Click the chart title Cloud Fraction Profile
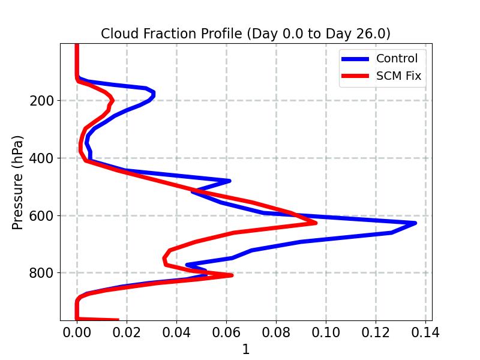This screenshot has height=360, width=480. pos(245,34)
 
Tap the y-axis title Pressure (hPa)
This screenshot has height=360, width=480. pos(18,182)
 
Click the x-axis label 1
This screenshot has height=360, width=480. pos(245,350)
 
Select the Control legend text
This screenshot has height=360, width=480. pos(397,58)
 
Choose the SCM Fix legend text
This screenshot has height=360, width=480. pos(398,76)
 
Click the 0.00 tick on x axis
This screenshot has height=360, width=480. pos(77,332)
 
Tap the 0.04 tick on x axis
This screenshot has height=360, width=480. pos(176,332)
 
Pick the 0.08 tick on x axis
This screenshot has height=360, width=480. pos(276,332)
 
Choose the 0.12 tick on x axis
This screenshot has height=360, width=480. pos(376,332)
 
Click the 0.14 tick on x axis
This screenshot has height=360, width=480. pos(425,332)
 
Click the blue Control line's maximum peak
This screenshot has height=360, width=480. pos(415,223)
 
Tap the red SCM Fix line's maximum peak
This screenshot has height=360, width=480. pos(316,223)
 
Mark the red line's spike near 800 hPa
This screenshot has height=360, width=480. pos(232,275)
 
